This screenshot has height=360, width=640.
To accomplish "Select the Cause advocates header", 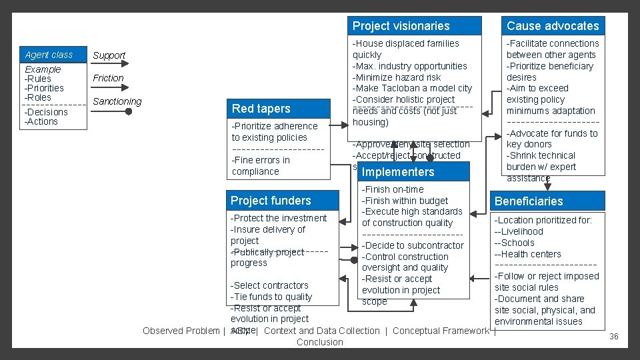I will tap(553, 26).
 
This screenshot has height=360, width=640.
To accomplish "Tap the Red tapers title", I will tap(261, 109).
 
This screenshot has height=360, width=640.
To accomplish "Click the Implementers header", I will tap(398, 172).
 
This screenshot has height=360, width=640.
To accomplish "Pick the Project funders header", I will tap(271, 201).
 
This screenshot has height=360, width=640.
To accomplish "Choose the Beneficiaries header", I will tap(529, 201).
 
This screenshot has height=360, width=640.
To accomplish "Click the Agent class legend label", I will tap(49, 55).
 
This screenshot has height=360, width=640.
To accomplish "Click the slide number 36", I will tap(614, 337).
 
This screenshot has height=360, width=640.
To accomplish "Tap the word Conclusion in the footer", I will tap(320, 342).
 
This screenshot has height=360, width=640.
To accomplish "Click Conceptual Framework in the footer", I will tap(440, 331).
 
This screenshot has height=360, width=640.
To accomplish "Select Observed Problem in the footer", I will tap(180, 331).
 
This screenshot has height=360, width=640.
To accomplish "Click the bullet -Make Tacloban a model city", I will tap(412, 88).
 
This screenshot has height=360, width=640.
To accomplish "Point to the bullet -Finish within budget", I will tap(405, 201).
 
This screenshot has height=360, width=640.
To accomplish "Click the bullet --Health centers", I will tap(527, 254).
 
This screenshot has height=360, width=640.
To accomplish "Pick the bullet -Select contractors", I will tap(269, 285).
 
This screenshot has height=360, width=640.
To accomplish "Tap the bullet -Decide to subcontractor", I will tap(413, 245).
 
